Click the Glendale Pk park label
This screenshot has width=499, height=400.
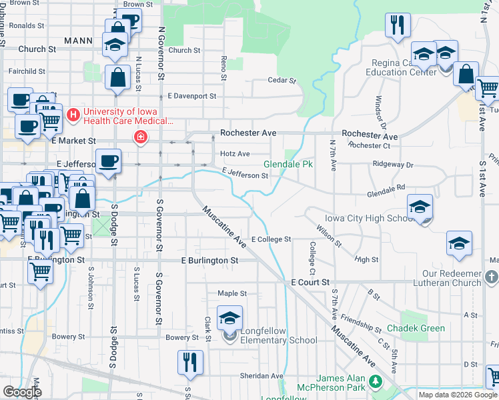pos(288,164)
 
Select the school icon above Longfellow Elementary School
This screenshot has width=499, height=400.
pos(229,318)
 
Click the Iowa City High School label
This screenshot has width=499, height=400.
pos(370,218)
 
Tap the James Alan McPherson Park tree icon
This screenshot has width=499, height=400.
pos(376,382)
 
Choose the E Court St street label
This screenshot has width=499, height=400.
pos(310,283)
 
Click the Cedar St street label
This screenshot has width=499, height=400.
pos(282,81)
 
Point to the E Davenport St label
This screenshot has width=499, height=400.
pos(192,96)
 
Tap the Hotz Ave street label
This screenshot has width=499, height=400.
pos(235,154)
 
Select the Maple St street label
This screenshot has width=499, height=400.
pos(232,293)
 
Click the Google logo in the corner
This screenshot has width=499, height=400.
pos(22,392)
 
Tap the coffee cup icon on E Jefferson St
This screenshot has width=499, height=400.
pos(108,161)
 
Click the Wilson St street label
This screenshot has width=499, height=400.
pos(330,233)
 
